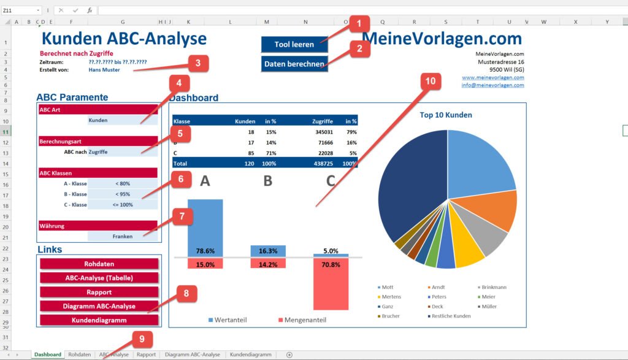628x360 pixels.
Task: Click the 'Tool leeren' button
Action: (294, 44)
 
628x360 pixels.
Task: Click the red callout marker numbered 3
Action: (197, 63)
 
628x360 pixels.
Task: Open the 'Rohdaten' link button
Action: (99, 264)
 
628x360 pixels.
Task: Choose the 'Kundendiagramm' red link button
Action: (99, 320)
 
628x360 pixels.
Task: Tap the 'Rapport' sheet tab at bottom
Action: (146, 354)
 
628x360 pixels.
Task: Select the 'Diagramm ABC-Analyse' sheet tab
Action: (192, 354)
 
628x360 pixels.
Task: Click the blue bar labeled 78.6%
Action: (205, 227)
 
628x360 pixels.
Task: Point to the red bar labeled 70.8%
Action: (330, 284)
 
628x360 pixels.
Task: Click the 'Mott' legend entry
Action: (387, 287)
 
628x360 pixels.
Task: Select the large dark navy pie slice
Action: (411, 184)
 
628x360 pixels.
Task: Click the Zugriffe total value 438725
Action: (322, 163)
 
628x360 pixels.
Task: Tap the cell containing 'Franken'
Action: (122, 236)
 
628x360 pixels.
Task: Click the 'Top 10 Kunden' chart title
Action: (446, 115)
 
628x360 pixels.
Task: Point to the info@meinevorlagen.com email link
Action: (493, 85)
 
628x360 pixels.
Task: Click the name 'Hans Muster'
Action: (104, 70)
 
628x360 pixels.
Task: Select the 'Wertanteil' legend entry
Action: (228, 320)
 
